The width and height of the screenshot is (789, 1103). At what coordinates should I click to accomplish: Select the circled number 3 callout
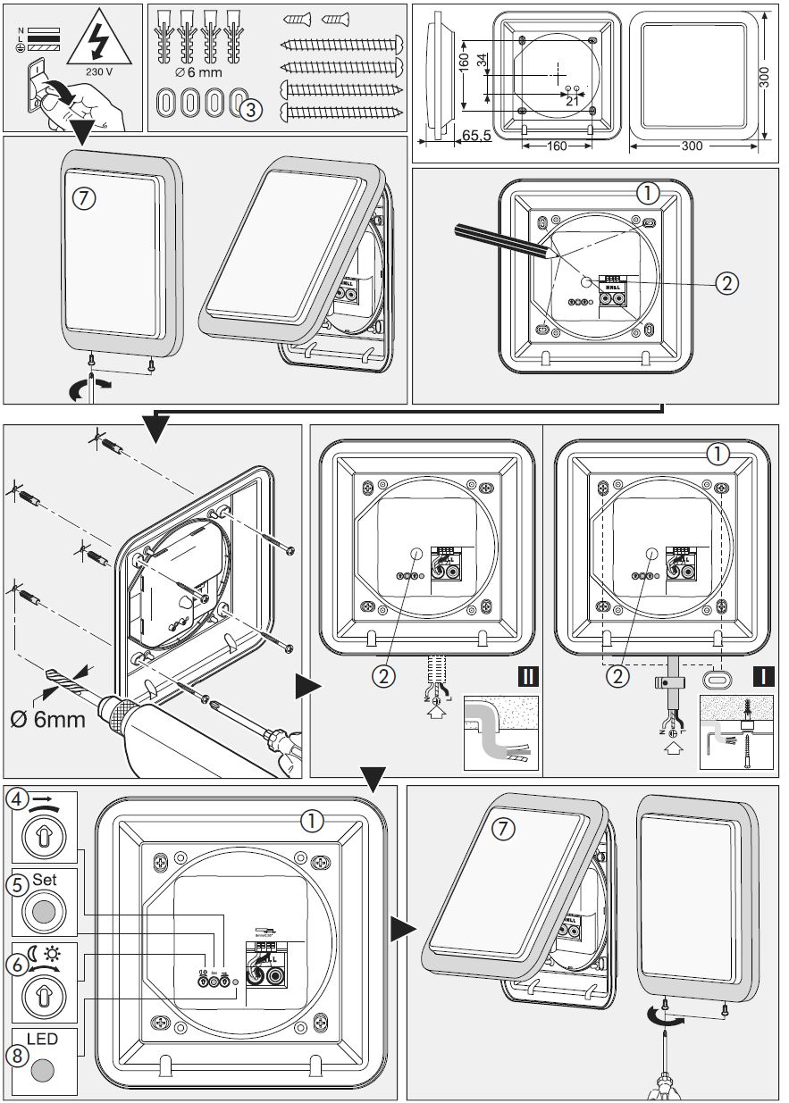[x=251, y=109]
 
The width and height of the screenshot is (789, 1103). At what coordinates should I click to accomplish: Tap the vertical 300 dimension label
[x=763, y=77]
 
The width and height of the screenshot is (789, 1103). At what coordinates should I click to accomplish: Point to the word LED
[x=42, y=1040]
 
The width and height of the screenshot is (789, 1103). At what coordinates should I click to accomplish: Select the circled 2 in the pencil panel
[x=726, y=283]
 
